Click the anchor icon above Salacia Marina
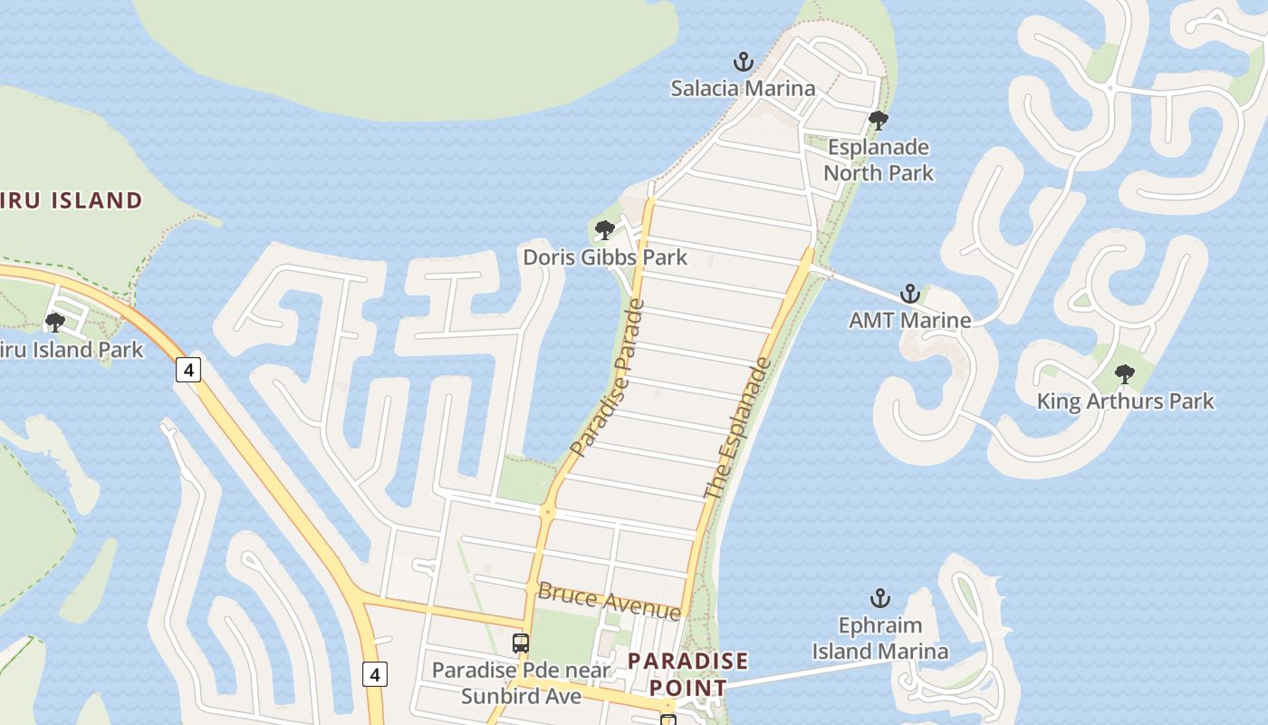pos(743,63)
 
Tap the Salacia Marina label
pos(743,88)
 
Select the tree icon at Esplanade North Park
pos(878,121)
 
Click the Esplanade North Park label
pos(878,159)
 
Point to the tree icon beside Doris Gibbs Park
pos(605,230)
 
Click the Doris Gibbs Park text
pos(605,257)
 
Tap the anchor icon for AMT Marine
pos(909,294)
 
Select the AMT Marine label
pos(909,320)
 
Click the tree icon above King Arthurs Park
pos(1124,373)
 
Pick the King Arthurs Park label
pos(1124,401)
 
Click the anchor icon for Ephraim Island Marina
pos(879,598)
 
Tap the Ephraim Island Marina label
pos(879,638)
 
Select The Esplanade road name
pos(739,429)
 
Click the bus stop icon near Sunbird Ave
pos(521,643)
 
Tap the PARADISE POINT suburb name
pos(687,673)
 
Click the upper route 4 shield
pos(188,370)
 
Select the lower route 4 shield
pos(375,674)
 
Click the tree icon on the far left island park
pos(55,322)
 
